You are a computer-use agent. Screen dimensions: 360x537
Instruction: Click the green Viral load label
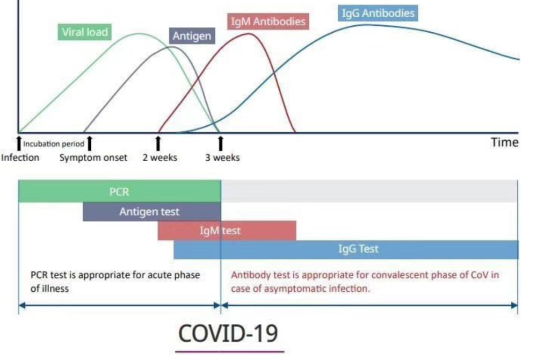(85, 32)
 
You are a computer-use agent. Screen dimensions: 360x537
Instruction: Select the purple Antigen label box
(192, 37)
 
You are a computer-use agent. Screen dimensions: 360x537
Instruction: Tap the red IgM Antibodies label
(267, 22)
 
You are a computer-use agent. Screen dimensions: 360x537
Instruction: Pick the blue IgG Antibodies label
(378, 13)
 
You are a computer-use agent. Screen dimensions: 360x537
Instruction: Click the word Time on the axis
(505, 142)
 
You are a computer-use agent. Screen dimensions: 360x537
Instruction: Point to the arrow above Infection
(19, 143)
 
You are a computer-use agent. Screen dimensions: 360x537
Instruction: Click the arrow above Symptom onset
(90, 143)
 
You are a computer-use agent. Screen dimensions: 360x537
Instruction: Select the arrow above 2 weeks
(158, 143)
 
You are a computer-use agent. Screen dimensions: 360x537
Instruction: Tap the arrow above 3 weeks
(220, 143)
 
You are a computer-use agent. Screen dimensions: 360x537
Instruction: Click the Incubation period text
(54, 144)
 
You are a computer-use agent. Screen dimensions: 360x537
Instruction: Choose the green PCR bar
(119, 192)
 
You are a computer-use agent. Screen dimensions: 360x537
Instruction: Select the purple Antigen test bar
(151, 212)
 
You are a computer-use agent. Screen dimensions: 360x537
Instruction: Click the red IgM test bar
(227, 231)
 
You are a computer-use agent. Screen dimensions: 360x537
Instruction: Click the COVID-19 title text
(228, 333)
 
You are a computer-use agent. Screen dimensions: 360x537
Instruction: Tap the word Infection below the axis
(20, 158)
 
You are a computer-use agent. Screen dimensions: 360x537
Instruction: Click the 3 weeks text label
(222, 158)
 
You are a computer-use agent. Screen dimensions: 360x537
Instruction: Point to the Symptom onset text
(93, 158)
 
